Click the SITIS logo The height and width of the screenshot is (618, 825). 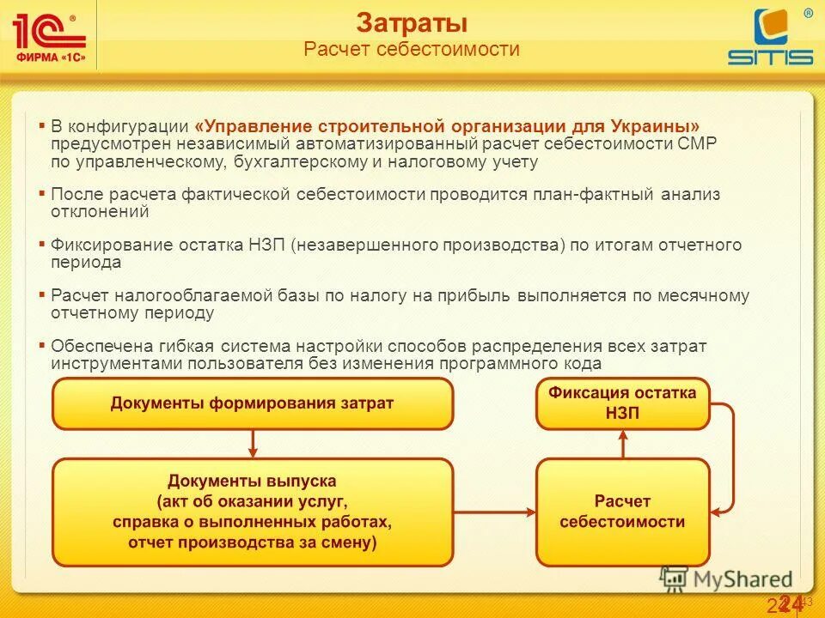pyautogui.click(x=770, y=39)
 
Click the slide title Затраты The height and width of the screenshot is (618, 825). pyautogui.click(x=412, y=22)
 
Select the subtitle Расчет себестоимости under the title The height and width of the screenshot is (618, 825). pyautogui.click(x=412, y=49)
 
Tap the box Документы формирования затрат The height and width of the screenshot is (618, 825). pyautogui.click(x=252, y=403)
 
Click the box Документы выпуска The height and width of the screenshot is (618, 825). pyautogui.click(x=252, y=512)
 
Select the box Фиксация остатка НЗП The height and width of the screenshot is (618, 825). pyautogui.click(x=623, y=403)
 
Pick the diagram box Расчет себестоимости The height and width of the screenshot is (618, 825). pyautogui.click(x=623, y=512)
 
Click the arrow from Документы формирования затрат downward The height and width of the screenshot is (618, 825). pyautogui.click(x=253, y=444)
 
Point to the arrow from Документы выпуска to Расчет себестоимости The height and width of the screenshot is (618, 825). pyautogui.click(x=494, y=512)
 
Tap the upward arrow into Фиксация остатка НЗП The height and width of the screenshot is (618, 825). pyautogui.click(x=623, y=444)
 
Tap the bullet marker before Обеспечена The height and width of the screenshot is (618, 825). pyautogui.click(x=41, y=344)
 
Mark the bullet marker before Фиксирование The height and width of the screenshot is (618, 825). pyautogui.click(x=41, y=244)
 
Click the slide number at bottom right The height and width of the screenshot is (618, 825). pyautogui.click(x=785, y=604)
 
